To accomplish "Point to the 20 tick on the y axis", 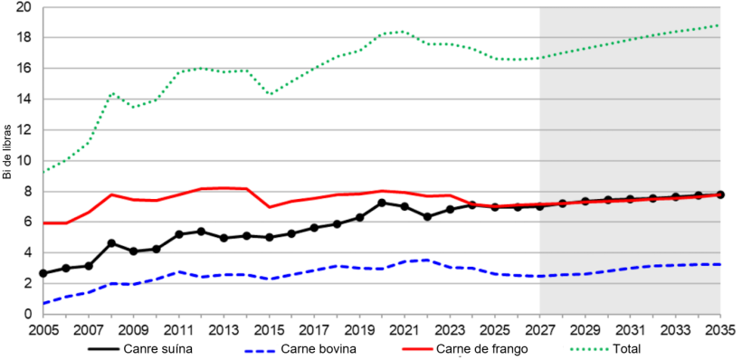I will point(24,7).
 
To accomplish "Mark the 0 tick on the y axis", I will point(28,314).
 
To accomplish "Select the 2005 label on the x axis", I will point(43,328).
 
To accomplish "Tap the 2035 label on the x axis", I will point(720,328).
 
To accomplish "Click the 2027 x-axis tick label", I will point(540,328).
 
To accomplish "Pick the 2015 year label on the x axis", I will point(269,328).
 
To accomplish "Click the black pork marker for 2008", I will point(111,243).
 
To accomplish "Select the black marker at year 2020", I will point(382,203).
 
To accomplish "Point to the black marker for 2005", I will point(43,273).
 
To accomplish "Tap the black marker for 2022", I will point(427,217).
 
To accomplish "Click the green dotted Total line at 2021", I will point(404,32).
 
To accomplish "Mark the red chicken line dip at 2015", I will point(269,207).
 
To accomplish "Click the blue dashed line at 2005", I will point(43,303).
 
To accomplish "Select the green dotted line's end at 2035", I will point(720,25).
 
